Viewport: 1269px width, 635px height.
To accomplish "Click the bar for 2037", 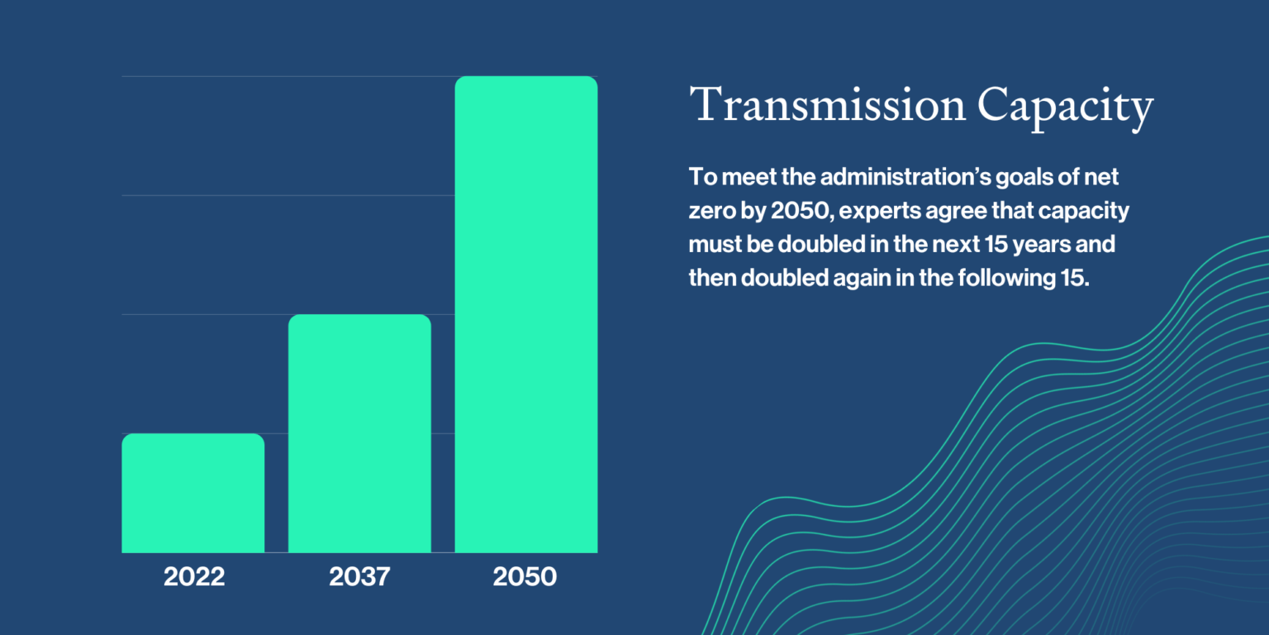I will coord(359,433).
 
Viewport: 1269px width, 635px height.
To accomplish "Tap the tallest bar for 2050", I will coord(526,314).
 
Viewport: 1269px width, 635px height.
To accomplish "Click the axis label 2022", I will coord(194,577).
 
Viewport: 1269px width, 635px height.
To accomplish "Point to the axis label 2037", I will coord(359,577).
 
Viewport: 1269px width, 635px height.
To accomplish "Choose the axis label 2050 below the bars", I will coord(525,577).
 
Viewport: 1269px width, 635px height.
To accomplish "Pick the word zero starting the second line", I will coord(708,212).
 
